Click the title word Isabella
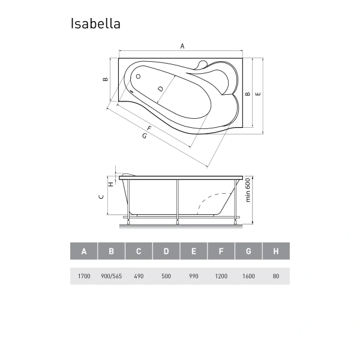(x=95, y=23)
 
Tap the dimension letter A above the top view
(x=182, y=46)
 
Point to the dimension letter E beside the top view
(x=258, y=94)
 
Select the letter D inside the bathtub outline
(x=160, y=89)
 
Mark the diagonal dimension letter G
(x=145, y=137)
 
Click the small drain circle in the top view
(x=138, y=77)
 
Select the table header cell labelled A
(x=83, y=251)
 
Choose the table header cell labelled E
(x=193, y=251)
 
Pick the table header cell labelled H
(x=275, y=251)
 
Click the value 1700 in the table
(x=83, y=276)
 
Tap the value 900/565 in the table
(x=111, y=276)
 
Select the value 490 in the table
(x=139, y=276)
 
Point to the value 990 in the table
(x=193, y=276)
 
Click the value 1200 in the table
(x=221, y=276)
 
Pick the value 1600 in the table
(x=248, y=276)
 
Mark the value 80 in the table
(x=275, y=276)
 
